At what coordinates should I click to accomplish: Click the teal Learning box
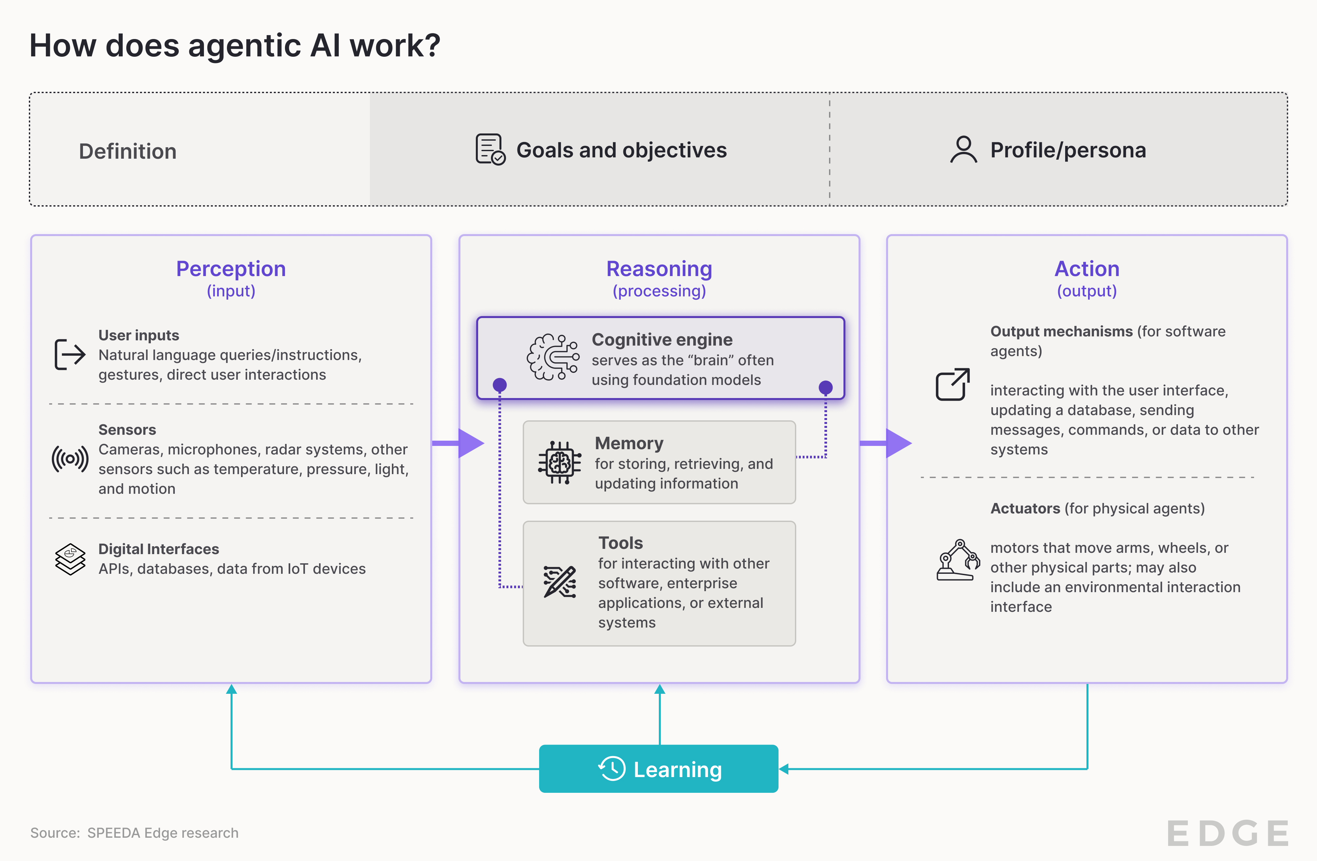pyautogui.click(x=658, y=769)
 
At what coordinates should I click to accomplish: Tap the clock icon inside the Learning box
pyautogui.click(x=612, y=769)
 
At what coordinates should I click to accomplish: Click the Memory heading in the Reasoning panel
pyautogui.click(x=629, y=443)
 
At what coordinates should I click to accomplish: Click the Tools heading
pyautogui.click(x=620, y=543)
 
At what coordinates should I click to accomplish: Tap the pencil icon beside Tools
pyautogui.click(x=559, y=582)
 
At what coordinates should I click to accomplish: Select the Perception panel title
pyautogui.click(x=231, y=269)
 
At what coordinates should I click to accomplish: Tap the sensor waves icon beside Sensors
pyautogui.click(x=70, y=459)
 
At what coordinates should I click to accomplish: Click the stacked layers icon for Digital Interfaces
pyautogui.click(x=70, y=559)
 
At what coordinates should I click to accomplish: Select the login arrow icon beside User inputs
pyautogui.click(x=70, y=354)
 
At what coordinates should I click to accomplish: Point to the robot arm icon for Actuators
pyautogui.click(x=957, y=560)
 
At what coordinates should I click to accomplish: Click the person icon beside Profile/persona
pyautogui.click(x=963, y=150)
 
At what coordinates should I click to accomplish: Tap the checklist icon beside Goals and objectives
pyautogui.click(x=490, y=150)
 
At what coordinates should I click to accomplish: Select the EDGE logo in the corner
pyautogui.click(x=1227, y=833)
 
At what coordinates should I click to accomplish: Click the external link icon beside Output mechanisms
pyautogui.click(x=952, y=384)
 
